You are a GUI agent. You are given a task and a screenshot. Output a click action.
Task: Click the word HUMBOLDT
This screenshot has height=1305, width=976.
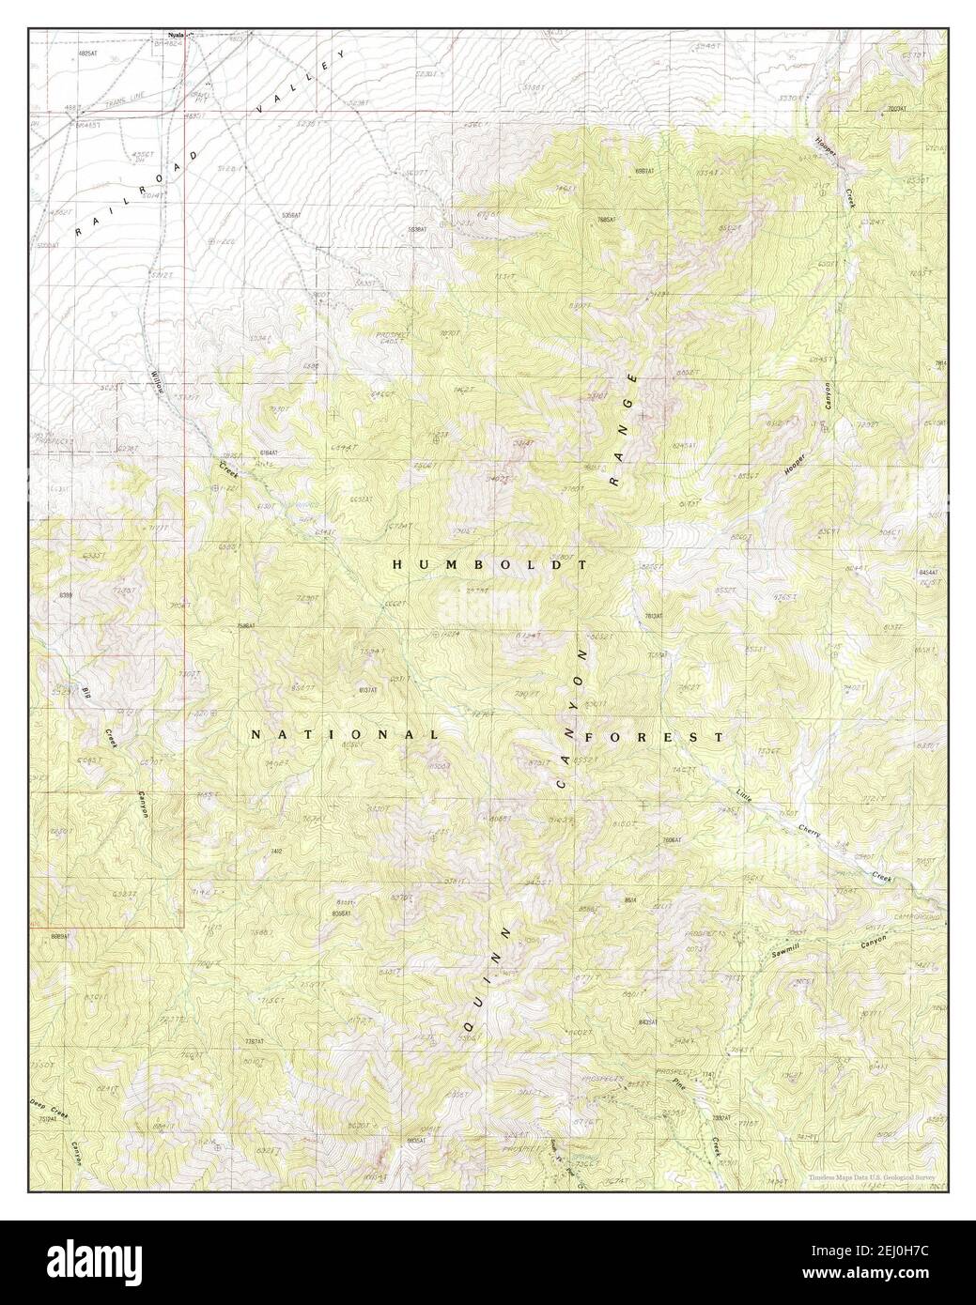[x=489, y=565]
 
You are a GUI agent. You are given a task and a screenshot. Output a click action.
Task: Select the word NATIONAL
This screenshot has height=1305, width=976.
[x=344, y=735]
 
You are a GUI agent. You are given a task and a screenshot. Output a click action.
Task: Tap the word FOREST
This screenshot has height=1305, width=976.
[x=654, y=737]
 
